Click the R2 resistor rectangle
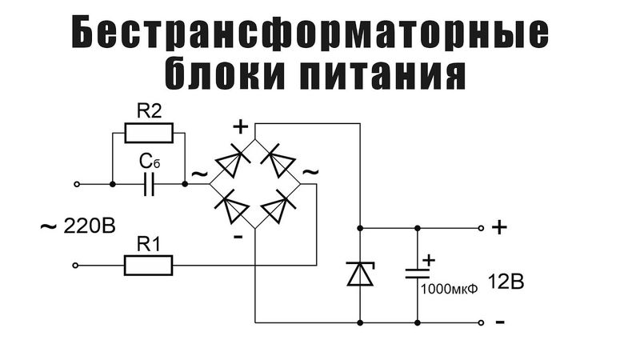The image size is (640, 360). point(149,131)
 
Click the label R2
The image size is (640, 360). point(150,110)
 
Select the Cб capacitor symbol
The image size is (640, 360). point(149,184)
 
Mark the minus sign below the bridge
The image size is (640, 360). point(238,238)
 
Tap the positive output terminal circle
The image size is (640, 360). point(482,227)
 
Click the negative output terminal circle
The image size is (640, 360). point(482,322)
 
